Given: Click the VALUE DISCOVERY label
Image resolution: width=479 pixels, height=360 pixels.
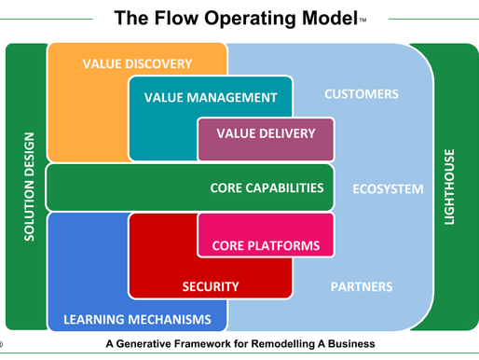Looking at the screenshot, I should pyautogui.click(x=137, y=64).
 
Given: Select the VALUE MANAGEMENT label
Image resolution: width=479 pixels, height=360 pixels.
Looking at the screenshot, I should pyautogui.click(x=211, y=97).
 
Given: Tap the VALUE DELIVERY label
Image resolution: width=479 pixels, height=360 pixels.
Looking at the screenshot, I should pyautogui.click(x=266, y=133).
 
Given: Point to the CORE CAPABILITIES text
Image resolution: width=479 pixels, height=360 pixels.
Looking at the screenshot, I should pyautogui.click(x=267, y=187).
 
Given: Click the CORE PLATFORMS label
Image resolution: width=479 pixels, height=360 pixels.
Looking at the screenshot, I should pyautogui.click(x=266, y=246).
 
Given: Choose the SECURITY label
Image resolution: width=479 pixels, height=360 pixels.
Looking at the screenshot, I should pyautogui.click(x=211, y=286).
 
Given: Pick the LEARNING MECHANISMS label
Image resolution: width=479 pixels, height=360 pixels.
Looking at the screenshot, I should pyautogui.click(x=137, y=320).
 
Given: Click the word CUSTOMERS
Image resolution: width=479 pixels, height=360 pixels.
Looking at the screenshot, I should pyautogui.click(x=361, y=94).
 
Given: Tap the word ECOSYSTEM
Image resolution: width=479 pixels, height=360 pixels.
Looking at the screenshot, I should pyautogui.click(x=388, y=189).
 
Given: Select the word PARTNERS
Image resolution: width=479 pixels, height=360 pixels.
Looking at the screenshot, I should pyautogui.click(x=362, y=286).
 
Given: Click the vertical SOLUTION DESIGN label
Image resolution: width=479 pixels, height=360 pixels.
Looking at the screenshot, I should pyautogui.click(x=29, y=187).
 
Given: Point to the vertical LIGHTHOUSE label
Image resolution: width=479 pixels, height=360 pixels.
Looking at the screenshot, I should pyautogui.click(x=451, y=187).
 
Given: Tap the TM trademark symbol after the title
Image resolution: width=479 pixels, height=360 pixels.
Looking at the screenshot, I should pyautogui.click(x=362, y=21).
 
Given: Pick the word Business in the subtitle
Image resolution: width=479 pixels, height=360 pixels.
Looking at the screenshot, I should pyautogui.click(x=349, y=343).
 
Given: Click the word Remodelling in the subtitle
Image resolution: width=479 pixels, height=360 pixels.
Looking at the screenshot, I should pyautogui.click(x=276, y=343).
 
